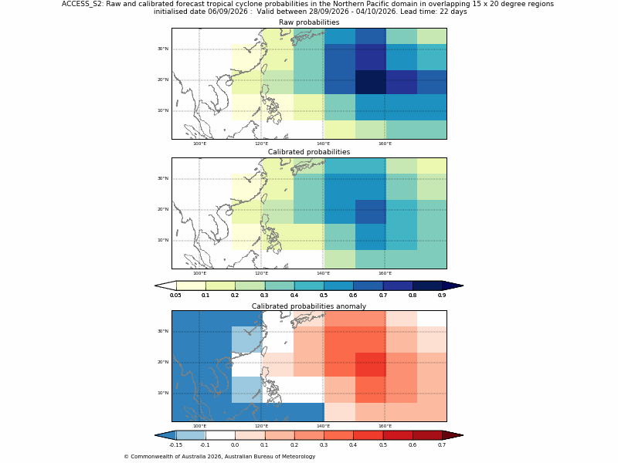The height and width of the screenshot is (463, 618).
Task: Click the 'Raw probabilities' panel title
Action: tap(309, 22)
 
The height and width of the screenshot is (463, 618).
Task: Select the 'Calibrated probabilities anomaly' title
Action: tap(309, 306)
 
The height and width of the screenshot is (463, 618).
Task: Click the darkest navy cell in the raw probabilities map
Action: tap(371, 83)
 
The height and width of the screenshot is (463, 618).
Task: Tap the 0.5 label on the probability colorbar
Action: tap(324, 296)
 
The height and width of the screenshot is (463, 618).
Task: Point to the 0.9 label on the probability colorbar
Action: tap(442, 296)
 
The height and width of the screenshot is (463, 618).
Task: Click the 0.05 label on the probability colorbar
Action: tap(175, 296)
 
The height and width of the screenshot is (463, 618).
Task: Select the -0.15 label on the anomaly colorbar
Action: tap(175, 445)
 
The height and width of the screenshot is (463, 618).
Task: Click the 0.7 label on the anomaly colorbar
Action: tap(442, 445)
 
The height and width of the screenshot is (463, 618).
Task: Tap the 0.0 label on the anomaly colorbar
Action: tap(235, 445)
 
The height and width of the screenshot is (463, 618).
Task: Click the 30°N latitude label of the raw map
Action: tap(163, 49)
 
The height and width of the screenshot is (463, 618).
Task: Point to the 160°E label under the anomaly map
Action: tap(385, 426)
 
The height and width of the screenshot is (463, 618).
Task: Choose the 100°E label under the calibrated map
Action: tap(199, 273)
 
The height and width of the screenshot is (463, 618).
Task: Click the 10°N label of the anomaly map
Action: tap(163, 393)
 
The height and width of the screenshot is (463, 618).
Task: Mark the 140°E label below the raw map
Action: tap(323, 144)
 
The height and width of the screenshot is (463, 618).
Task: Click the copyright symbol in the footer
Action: tap(126, 457)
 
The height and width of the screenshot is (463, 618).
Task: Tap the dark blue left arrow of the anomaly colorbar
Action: tap(165, 435)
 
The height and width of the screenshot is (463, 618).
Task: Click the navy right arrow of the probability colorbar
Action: tap(453, 286)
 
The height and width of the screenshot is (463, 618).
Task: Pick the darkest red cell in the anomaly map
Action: tap(371, 364)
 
